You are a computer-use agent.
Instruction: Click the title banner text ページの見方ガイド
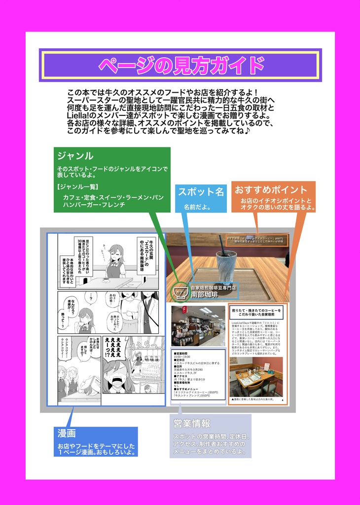coord(180,65)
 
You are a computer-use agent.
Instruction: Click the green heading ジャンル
coord(75,156)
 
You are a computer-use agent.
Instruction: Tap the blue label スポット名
coord(201,192)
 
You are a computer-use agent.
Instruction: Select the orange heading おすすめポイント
coord(271,189)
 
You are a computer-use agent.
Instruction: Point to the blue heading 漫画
coord(67,433)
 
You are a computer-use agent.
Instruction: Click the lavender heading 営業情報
coord(192,423)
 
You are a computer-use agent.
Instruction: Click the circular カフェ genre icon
coord(182,293)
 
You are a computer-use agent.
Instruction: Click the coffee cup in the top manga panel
coord(106,279)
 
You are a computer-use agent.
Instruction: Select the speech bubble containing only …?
coord(91,297)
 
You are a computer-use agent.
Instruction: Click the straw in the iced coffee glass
coord(222,246)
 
